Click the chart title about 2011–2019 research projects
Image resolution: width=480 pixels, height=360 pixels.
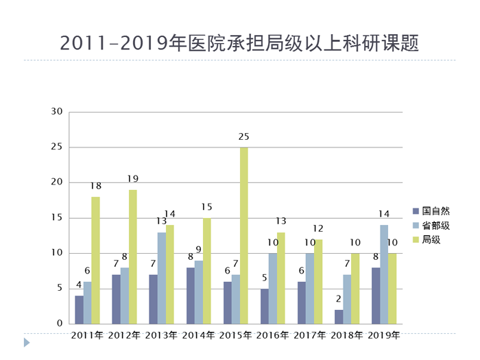tap(239, 42)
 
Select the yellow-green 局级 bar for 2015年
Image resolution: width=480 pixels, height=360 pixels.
tap(243, 235)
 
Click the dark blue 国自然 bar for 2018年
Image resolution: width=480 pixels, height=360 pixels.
tap(339, 316)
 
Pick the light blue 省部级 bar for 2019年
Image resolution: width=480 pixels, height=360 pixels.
tap(384, 274)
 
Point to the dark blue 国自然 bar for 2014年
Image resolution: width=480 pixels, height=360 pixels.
tap(191, 296)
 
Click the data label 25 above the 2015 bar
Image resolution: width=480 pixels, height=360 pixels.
tap(243, 137)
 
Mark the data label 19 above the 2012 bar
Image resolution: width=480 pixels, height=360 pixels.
tap(132, 179)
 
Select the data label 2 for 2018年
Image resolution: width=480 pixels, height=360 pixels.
tap(339, 300)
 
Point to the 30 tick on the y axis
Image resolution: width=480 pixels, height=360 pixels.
tap(56, 112)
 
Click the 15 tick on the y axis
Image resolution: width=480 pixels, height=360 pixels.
tap(56, 218)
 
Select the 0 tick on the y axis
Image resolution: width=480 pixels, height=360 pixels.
tap(60, 324)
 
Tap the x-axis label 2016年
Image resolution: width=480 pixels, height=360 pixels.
tap(273, 336)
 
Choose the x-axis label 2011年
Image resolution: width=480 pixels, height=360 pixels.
tap(88, 336)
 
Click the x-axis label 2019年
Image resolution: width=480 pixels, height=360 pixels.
tap(384, 336)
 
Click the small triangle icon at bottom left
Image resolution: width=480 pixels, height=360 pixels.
tap(27, 341)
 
